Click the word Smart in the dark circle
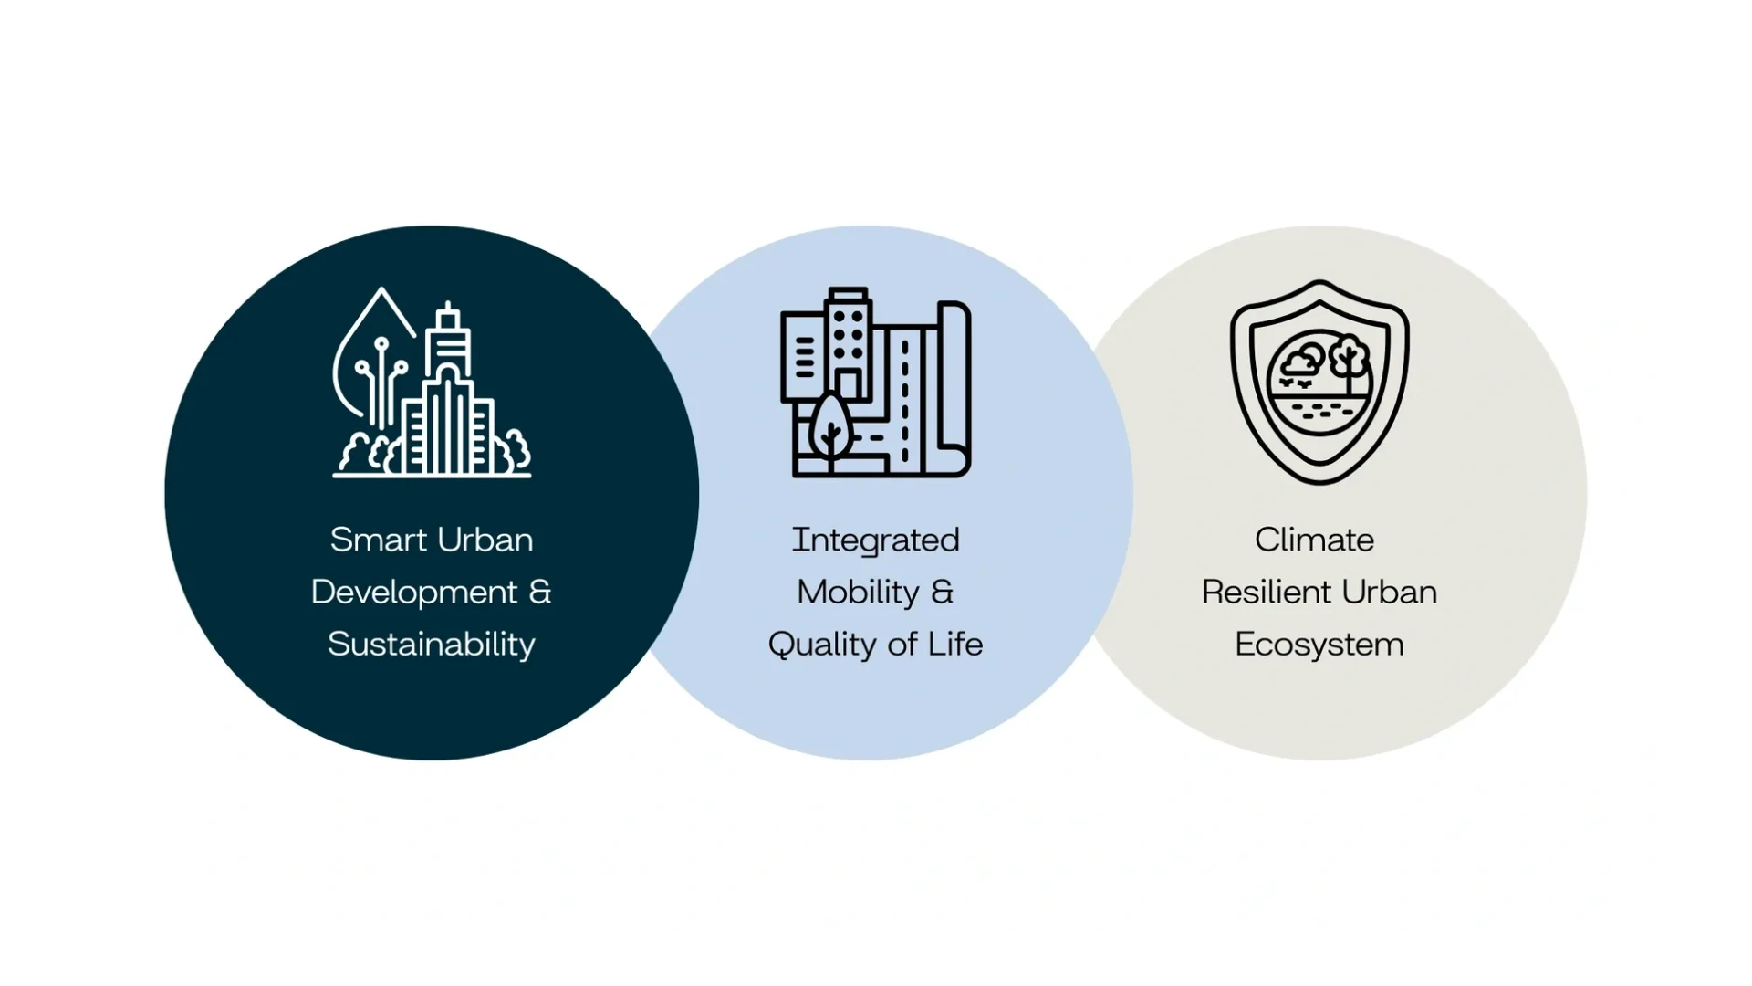tap(370, 540)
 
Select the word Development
tap(414, 593)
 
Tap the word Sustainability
tap(432, 645)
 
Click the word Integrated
tap(875, 540)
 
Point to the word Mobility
tap(858, 593)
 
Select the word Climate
tap(1314, 540)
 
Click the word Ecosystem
tap(1319, 645)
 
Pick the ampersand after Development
tap(540, 593)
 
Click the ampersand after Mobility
tap(942, 593)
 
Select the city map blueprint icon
tap(876, 383)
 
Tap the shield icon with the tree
tap(1319, 382)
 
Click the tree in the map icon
tap(829, 425)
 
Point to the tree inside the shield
tap(1347, 356)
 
